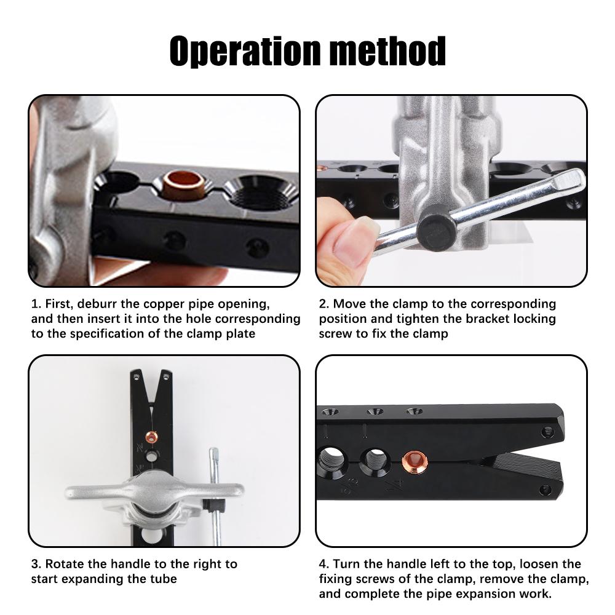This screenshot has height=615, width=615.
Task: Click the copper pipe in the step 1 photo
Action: pos(184,184)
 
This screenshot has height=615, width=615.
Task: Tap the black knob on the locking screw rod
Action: pos(436,228)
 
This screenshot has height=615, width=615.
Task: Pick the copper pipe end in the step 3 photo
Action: pos(150,438)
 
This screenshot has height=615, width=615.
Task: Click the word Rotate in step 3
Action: pos(65,564)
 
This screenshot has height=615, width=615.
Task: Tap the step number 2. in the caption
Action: pos(324,304)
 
